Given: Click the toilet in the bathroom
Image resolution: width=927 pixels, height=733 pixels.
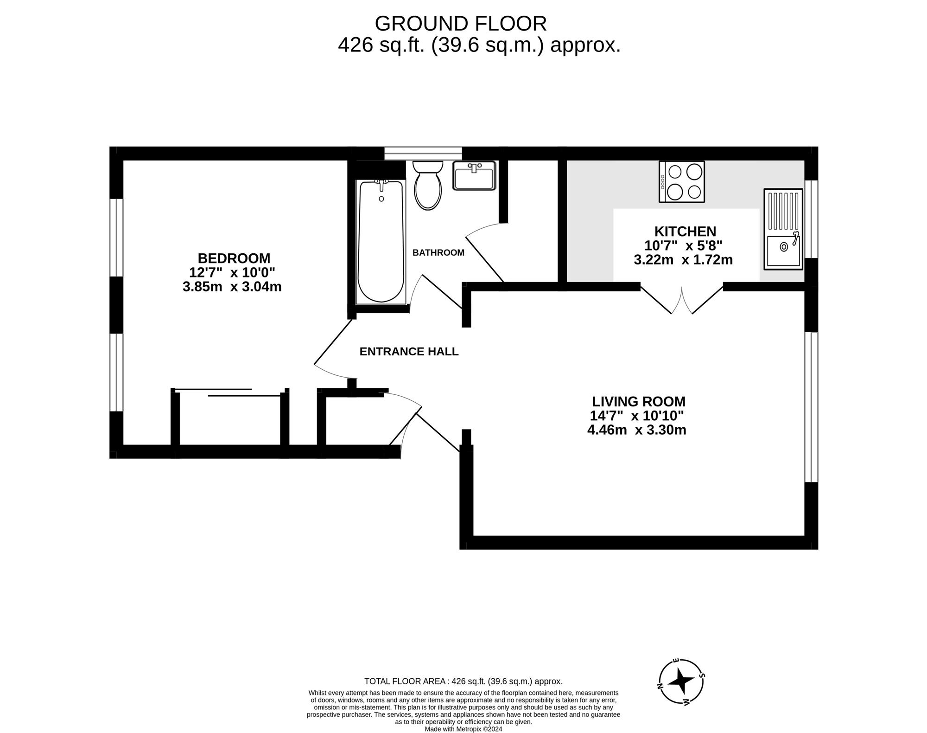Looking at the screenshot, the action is pos(427,185).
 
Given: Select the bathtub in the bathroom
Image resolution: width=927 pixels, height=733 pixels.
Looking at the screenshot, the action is pos(381,242).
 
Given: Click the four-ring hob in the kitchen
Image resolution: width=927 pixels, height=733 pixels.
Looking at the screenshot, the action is pos(682,181).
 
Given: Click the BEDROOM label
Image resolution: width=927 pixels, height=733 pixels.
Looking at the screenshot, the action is pos(234,258).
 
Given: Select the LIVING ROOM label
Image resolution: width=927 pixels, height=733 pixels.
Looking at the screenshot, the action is pos(639,401).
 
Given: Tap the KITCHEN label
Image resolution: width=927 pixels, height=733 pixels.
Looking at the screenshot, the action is pos(685,231).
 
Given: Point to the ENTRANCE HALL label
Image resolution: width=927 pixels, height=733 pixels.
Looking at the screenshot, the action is pos(409,352).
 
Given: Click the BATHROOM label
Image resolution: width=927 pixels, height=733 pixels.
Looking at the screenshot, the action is pos(438,252).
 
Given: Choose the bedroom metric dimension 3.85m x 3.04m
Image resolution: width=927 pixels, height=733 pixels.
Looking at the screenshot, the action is pos(232,287).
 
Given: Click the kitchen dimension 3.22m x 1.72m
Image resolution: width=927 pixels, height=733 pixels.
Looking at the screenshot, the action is pos(683,260).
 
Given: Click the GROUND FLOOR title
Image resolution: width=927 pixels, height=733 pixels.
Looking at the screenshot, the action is pos(461,23).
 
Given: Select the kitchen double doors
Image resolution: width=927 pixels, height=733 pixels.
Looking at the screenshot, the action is pos(682,300).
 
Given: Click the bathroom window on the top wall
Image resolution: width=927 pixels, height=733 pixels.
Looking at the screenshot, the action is pos(423,154).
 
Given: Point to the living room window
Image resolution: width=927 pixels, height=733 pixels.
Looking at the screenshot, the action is pos(811,407).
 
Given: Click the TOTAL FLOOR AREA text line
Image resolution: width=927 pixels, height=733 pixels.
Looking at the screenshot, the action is pos(463,682).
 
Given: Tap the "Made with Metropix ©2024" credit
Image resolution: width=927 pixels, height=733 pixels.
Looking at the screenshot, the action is pos(463,729).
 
